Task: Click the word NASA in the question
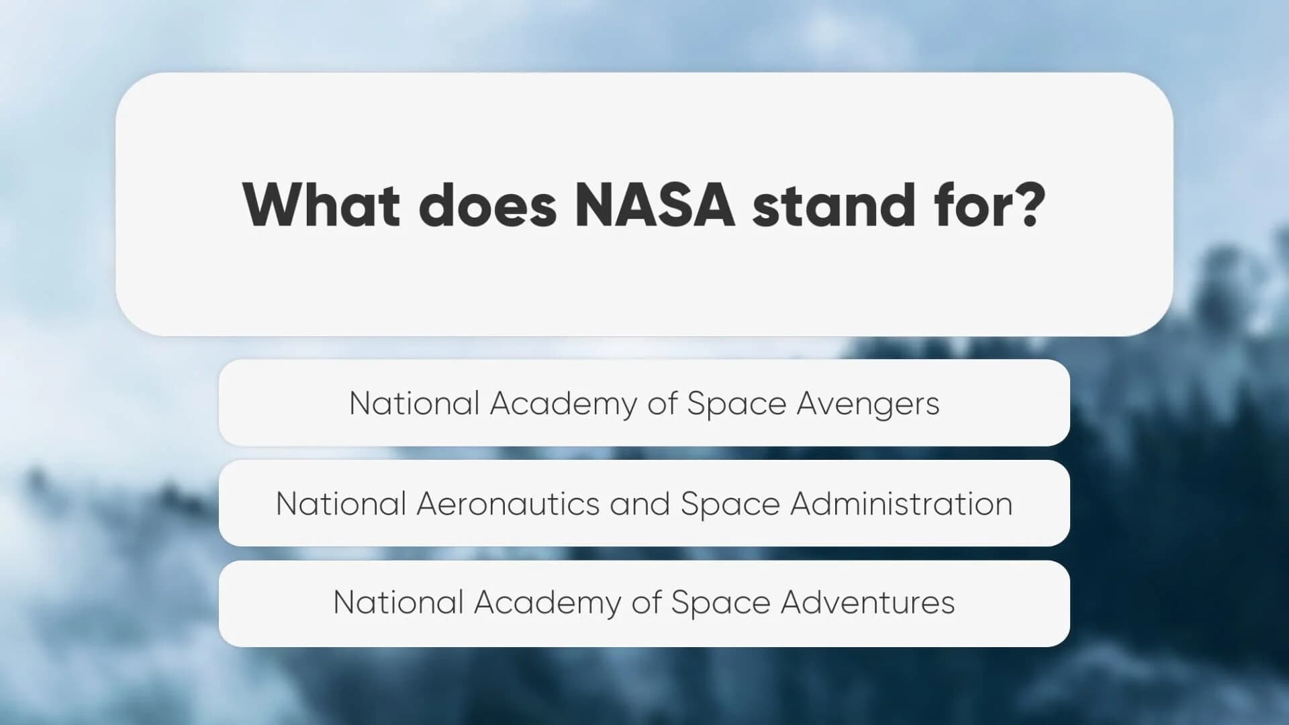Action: tap(655, 205)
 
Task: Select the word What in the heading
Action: tap(322, 205)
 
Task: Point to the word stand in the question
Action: tap(834, 205)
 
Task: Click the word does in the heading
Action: tap(488, 205)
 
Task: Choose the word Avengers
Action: tap(868, 404)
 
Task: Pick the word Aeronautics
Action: tap(508, 504)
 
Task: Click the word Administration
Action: tap(902, 504)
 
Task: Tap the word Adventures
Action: tap(867, 602)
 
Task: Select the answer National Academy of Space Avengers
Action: tap(644, 403)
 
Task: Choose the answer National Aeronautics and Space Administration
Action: tap(644, 503)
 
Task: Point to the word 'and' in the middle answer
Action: tap(640, 504)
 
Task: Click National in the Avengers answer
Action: tap(414, 404)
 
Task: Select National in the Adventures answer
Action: tap(398, 602)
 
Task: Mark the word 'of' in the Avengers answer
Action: tap(662, 404)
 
